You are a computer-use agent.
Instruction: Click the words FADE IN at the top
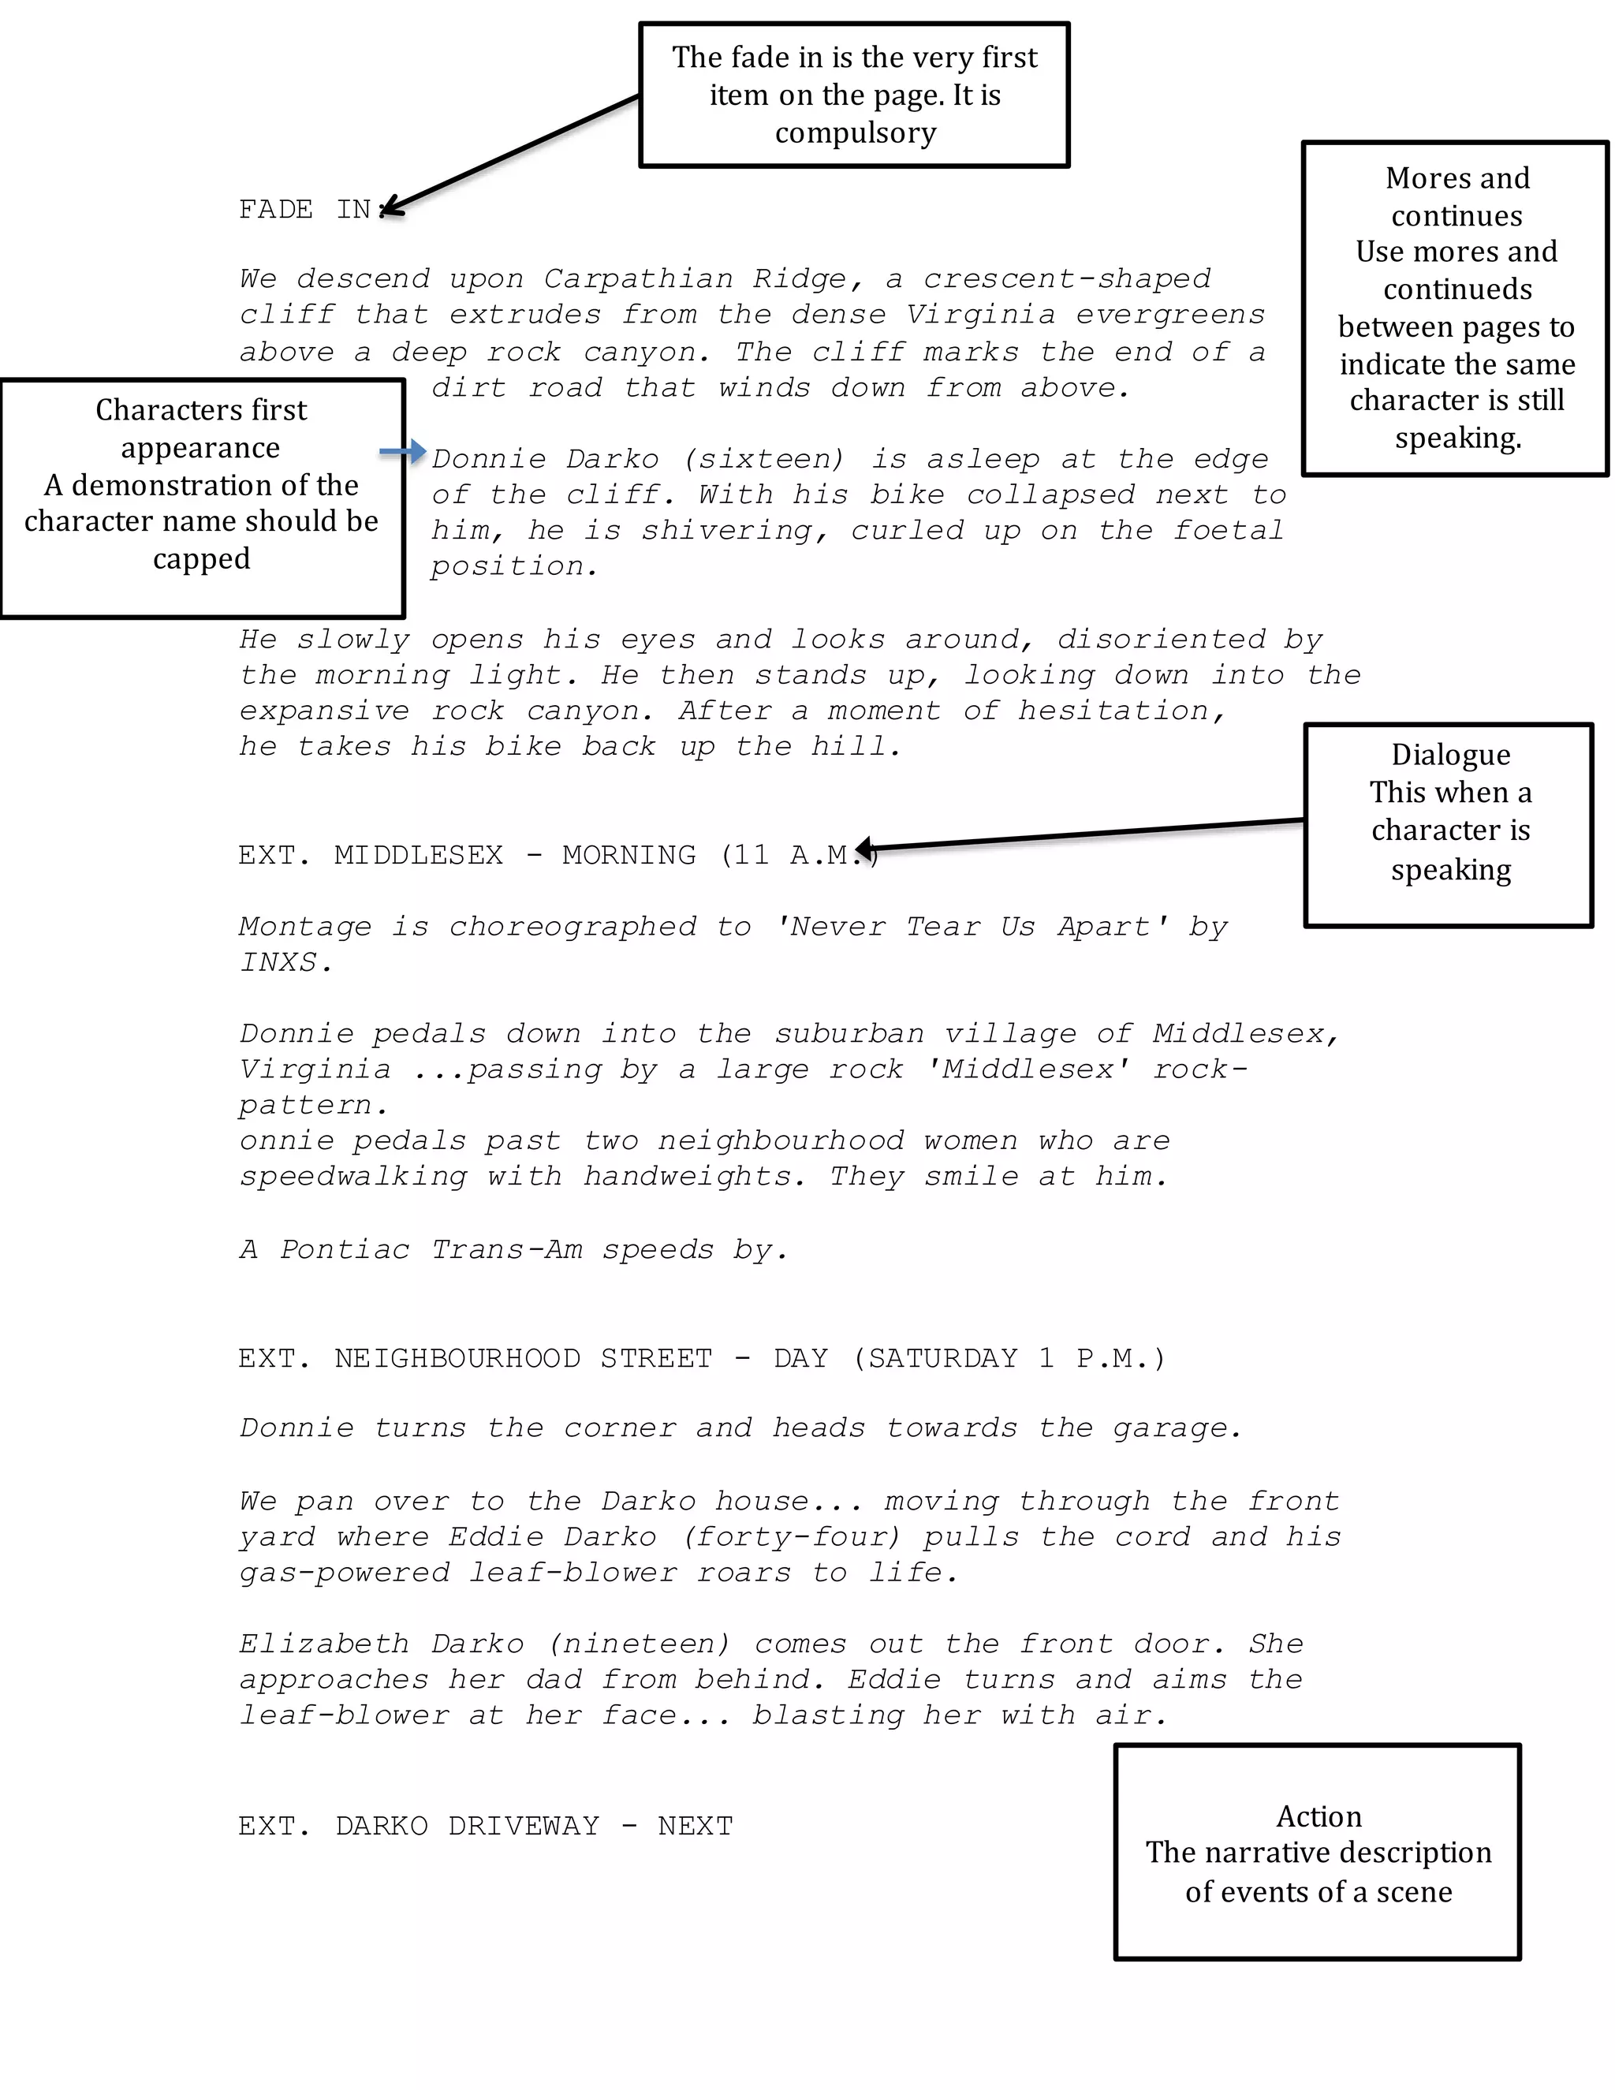(304, 210)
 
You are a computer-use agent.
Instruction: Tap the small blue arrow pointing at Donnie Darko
(403, 452)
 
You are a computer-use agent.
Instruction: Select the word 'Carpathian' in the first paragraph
(638, 278)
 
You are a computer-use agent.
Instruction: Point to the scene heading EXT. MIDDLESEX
(371, 855)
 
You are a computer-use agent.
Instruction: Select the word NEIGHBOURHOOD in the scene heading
(457, 1358)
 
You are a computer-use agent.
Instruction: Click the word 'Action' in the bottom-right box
(1318, 1816)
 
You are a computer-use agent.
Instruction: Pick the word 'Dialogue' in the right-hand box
(1450, 754)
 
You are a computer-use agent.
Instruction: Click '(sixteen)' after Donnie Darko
(764, 458)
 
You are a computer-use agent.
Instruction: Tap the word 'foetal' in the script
(1229, 530)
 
